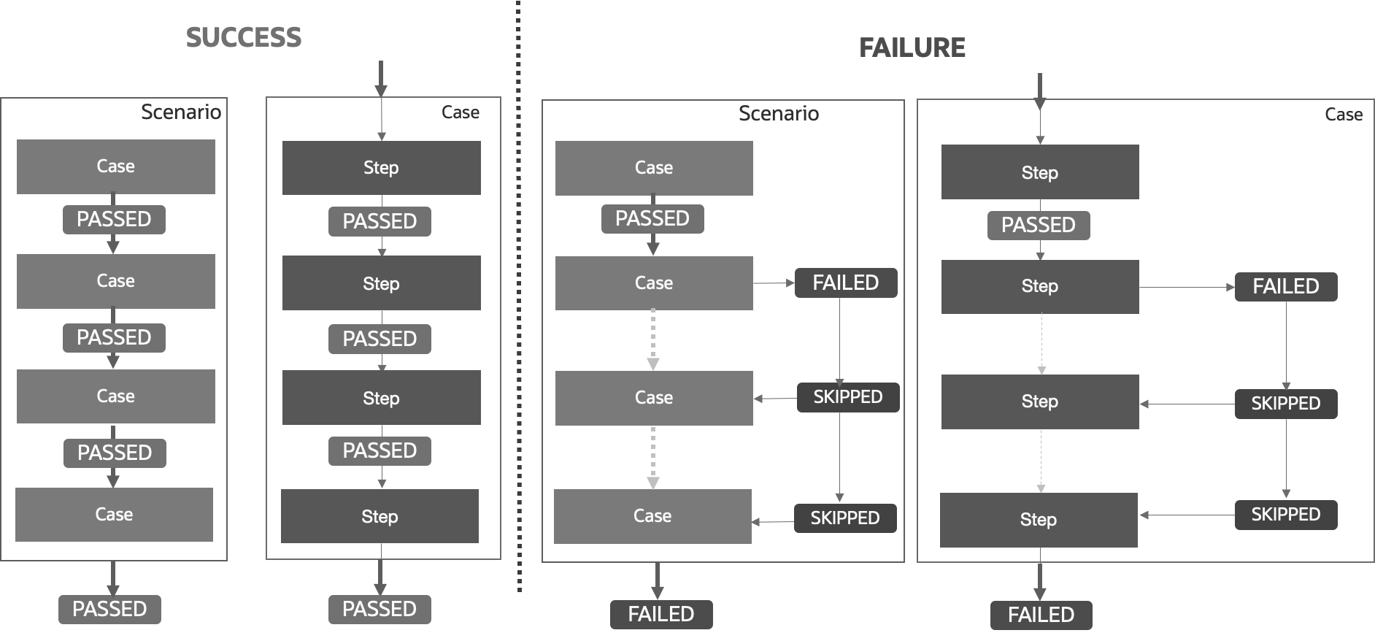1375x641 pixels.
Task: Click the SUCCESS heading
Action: tap(243, 37)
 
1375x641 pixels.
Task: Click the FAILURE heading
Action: tap(912, 47)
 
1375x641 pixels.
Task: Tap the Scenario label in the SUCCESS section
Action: tap(180, 112)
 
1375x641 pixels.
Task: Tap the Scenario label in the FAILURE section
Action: tap(778, 114)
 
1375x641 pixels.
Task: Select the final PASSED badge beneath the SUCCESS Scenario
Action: tap(109, 609)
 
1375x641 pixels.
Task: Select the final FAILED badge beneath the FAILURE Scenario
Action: tap(661, 614)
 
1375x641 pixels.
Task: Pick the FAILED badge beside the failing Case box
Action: tap(845, 283)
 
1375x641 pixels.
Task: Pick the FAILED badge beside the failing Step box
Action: tap(1285, 286)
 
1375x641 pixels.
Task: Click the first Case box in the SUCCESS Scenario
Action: tap(115, 166)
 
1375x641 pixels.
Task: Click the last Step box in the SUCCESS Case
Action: tap(380, 516)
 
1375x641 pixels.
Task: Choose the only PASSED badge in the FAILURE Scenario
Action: tap(652, 218)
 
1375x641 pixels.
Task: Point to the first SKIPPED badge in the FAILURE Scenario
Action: tap(847, 397)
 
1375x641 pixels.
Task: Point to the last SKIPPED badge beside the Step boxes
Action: tap(1285, 514)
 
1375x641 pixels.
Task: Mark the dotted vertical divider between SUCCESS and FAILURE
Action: tap(519, 292)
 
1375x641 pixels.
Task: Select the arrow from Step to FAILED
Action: tap(1186, 287)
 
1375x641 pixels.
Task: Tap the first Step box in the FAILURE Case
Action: tap(1039, 172)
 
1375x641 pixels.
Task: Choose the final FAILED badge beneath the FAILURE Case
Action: tap(1041, 615)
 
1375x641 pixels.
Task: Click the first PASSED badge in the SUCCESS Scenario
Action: tap(114, 219)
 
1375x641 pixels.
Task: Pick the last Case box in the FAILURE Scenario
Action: tap(652, 516)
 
